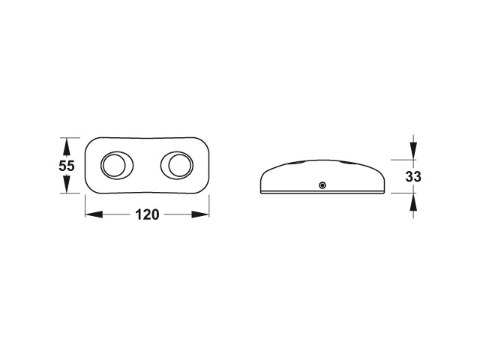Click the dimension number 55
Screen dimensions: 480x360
point(67,166)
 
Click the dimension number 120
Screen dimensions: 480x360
point(147,214)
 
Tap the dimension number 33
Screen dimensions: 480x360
point(413,177)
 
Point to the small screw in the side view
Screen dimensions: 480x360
point(322,185)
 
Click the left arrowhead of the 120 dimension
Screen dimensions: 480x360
point(94,214)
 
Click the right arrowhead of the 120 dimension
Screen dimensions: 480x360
point(200,214)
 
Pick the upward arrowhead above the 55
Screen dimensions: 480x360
point(67,147)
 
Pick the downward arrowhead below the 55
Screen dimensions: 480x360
point(67,184)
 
